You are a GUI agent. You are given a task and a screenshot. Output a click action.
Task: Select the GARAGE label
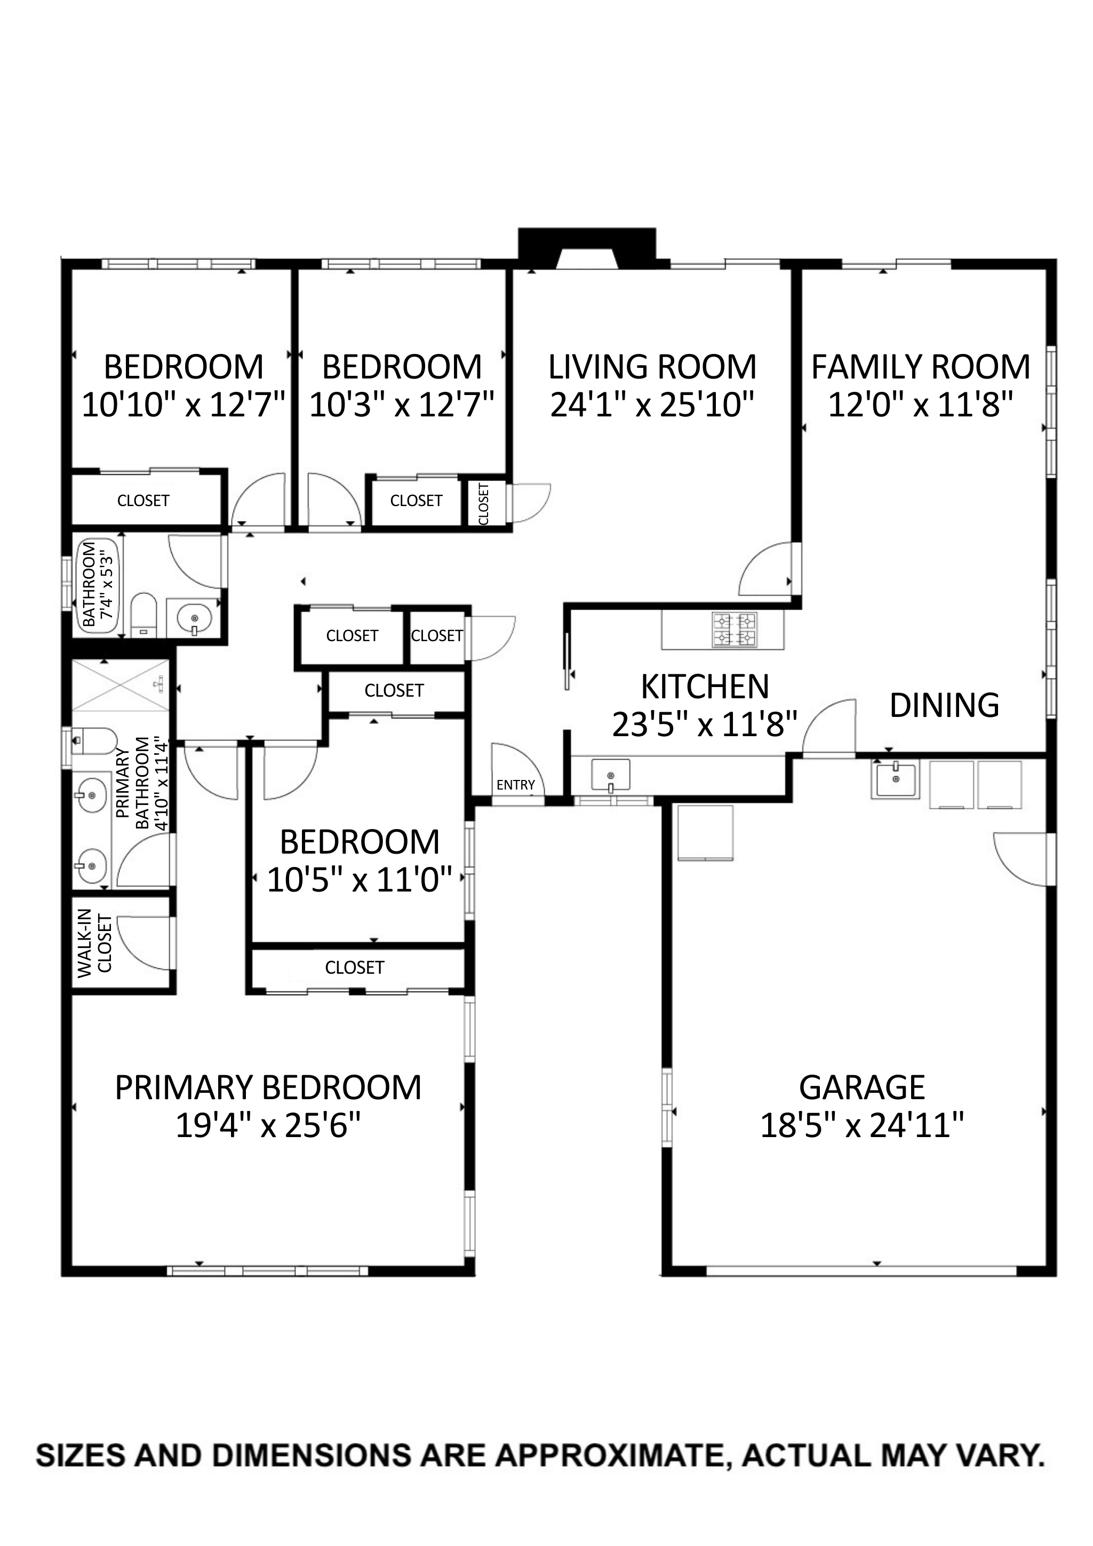tap(862, 1087)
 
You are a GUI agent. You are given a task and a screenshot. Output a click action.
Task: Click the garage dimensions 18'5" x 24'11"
tap(862, 1125)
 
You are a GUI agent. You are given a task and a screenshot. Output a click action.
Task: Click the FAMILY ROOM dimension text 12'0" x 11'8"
tap(920, 405)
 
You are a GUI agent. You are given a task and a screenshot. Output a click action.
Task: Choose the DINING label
tap(944, 706)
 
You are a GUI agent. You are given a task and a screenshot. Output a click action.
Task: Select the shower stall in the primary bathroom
tap(120, 685)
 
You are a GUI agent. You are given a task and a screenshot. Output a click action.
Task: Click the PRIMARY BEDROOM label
tap(268, 1087)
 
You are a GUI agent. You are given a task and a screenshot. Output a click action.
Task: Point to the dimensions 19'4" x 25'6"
tap(268, 1125)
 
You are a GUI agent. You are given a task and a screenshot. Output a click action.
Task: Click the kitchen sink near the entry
tap(610, 775)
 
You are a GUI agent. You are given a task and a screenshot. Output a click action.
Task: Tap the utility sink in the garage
tap(895, 779)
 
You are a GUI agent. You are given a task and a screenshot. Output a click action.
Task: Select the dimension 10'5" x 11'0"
tap(360, 879)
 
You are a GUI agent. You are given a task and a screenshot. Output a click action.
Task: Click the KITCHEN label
tap(705, 687)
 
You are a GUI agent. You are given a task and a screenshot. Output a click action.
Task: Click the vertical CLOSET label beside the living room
tap(483, 503)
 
